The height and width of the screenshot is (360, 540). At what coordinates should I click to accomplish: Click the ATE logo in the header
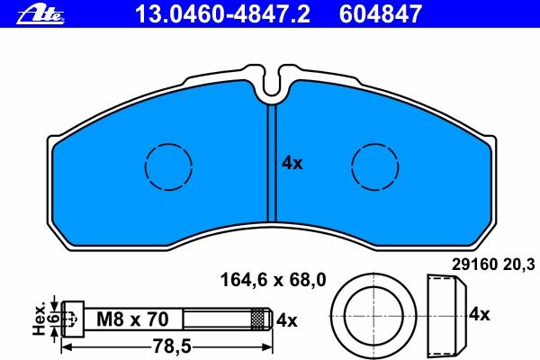click(40, 15)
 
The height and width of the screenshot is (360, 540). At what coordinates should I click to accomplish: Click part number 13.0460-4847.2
click(222, 14)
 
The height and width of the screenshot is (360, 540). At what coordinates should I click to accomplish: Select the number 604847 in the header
click(381, 14)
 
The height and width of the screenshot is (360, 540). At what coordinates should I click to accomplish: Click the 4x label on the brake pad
click(292, 163)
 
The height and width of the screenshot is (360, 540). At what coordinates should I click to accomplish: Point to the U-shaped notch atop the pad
click(272, 93)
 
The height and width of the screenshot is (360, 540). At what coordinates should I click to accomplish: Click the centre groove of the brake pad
click(272, 164)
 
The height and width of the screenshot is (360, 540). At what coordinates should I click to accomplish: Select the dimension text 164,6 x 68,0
click(273, 280)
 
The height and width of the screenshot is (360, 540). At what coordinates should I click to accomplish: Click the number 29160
click(474, 265)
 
